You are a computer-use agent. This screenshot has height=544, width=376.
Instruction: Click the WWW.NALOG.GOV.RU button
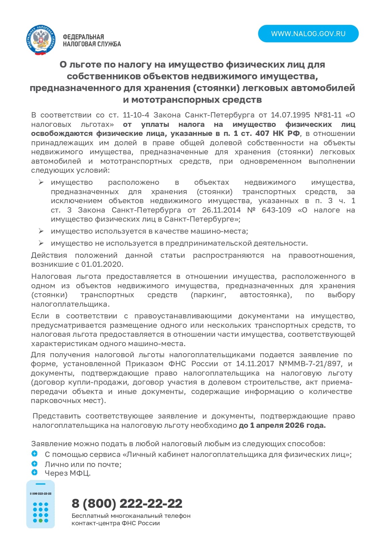(308, 34)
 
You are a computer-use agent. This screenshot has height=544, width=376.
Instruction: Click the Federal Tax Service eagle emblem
(40, 40)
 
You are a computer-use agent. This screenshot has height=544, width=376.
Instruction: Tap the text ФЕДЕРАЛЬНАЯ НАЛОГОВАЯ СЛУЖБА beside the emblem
(92, 41)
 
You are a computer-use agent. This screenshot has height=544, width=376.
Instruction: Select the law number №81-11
(328, 115)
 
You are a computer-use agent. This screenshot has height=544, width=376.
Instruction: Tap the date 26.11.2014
(221, 210)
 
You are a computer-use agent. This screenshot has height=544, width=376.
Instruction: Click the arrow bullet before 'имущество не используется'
(41, 243)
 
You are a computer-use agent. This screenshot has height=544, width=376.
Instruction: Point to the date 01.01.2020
(102, 264)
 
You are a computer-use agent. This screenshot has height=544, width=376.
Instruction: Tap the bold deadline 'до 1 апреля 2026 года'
(282, 425)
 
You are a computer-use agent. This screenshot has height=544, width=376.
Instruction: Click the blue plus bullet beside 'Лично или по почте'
(34, 464)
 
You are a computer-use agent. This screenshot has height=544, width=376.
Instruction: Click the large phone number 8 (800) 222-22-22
(127, 503)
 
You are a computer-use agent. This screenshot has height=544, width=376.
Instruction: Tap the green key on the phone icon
(40, 521)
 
